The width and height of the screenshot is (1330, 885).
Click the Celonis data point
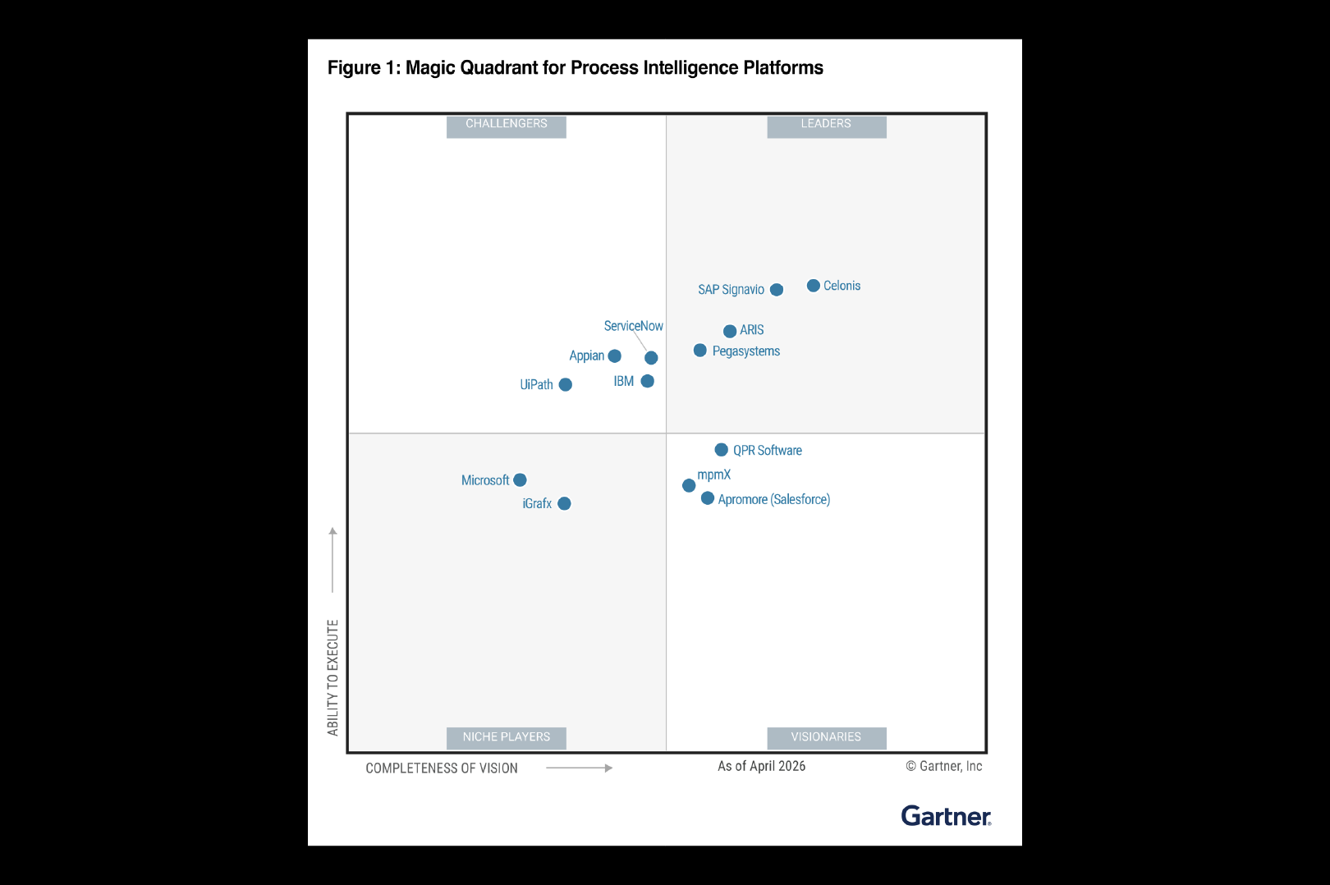coord(814,286)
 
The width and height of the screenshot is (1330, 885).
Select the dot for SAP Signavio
coord(777,290)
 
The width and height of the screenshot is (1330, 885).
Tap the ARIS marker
coord(730,331)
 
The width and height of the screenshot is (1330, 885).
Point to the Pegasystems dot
coord(700,351)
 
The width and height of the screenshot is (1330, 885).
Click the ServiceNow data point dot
coord(651,357)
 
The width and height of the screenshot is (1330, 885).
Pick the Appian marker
coord(615,355)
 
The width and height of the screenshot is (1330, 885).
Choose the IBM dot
coord(647,381)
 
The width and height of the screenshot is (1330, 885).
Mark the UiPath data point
coord(565,385)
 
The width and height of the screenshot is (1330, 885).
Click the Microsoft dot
coord(521,479)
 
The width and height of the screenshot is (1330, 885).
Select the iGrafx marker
coord(564,503)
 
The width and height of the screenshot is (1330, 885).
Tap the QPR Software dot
coord(722,449)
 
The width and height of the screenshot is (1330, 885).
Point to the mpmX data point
coord(689,485)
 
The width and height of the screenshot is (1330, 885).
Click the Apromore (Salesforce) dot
coord(707,498)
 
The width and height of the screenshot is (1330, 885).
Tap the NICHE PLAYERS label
coord(507,737)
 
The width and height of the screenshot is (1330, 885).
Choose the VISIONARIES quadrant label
coord(827,737)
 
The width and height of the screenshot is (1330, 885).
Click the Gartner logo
coord(947,816)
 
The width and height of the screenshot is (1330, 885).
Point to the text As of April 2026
coord(761,766)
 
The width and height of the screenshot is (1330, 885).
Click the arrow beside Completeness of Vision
coord(579,768)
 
